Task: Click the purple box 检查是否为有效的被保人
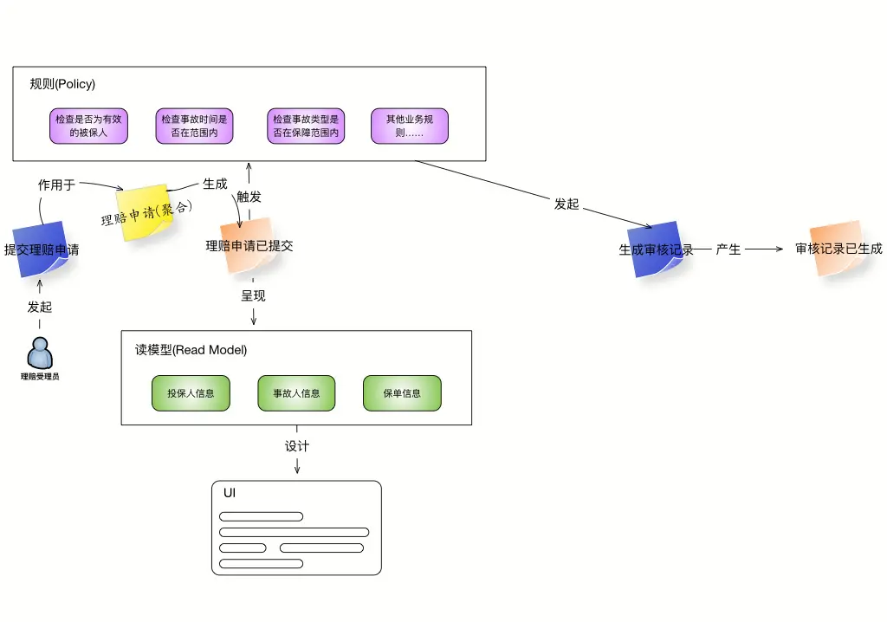89,126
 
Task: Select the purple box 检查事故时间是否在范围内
194,126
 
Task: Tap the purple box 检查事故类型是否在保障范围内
306,126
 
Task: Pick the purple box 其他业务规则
410,126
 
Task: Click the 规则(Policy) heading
62,84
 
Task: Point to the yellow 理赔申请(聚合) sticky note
145,213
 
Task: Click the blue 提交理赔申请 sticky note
41,249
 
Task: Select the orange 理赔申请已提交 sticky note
249,246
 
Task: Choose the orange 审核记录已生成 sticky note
838,248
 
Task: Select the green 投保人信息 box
191,393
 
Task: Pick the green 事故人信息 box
296,393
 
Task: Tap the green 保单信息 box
402,393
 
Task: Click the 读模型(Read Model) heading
191,350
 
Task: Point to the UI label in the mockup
229,493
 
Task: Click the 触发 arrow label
249,197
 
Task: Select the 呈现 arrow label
253,295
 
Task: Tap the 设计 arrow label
297,446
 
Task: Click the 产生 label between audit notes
728,249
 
